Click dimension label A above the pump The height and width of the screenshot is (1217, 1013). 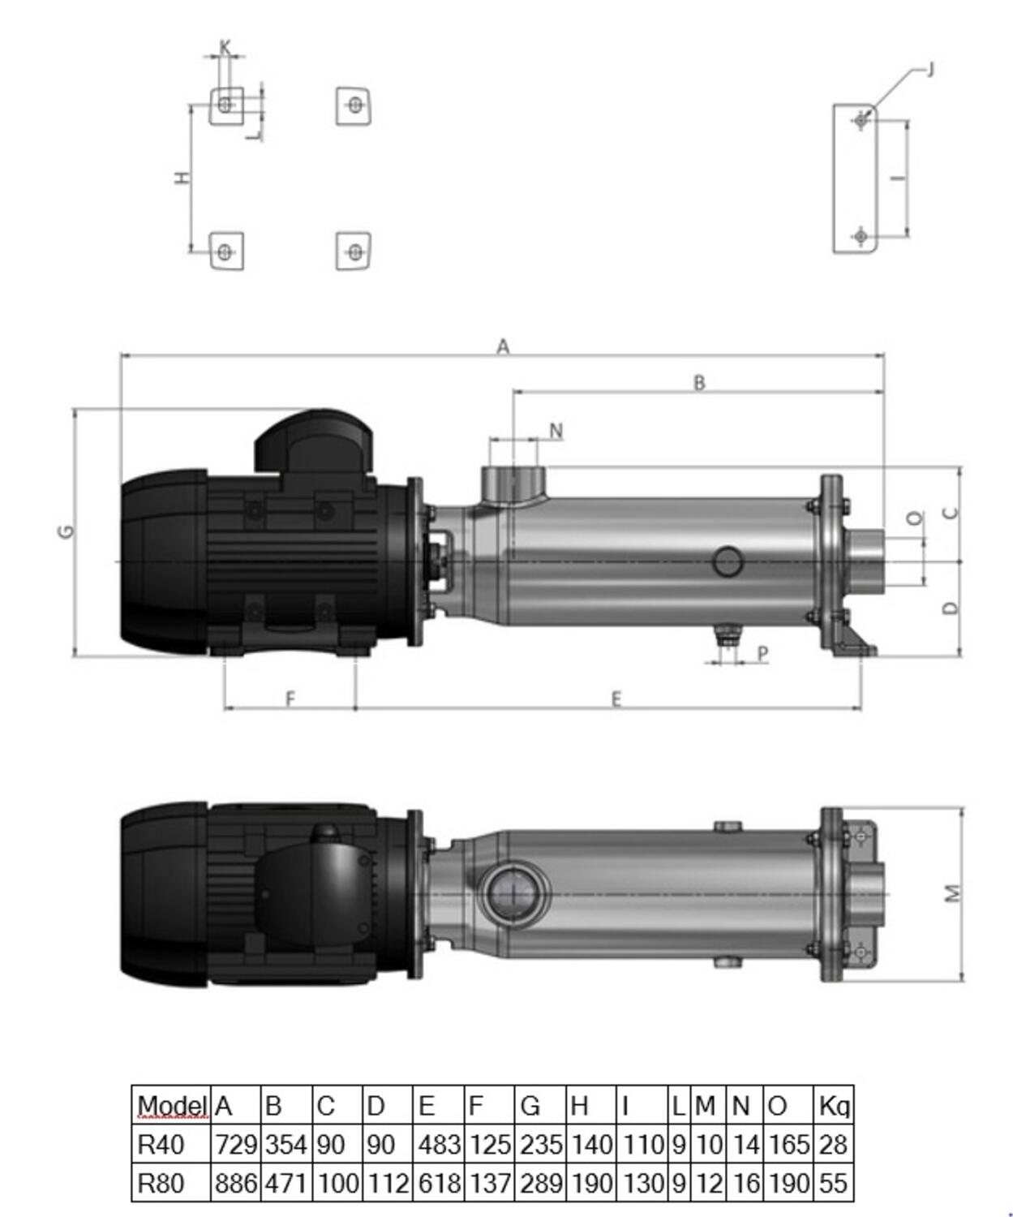pyautogui.click(x=503, y=347)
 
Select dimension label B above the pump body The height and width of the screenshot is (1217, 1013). pyautogui.click(x=699, y=383)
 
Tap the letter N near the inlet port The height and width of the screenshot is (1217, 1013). pyautogui.click(x=556, y=431)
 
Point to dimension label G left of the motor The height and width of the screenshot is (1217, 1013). pyautogui.click(x=67, y=531)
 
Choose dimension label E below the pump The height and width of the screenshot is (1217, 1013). pyautogui.click(x=616, y=699)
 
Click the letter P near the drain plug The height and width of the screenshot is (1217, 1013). pyautogui.click(x=762, y=654)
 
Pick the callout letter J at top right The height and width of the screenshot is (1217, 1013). pyautogui.click(x=930, y=69)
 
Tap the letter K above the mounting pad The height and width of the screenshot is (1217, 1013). pyautogui.click(x=225, y=46)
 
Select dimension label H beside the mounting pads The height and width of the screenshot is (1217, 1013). pyautogui.click(x=182, y=178)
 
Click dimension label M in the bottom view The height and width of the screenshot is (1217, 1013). pyautogui.click(x=952, y=893)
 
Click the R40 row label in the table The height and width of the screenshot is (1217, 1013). pyautogui.click(x=161, y=1145)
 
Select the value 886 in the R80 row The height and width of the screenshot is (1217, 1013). pyautogui.click(x=235, y=1183)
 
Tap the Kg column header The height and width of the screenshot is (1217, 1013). pyautogui.click(x=834, y=1107)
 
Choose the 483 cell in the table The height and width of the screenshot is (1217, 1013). pyautogui.click(x=439, y=1145)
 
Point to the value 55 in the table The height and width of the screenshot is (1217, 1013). pyautogui.click(x=833, y=1183)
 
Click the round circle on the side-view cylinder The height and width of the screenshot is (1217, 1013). pyautogui.click(x=728, y=562)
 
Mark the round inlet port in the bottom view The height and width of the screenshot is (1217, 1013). pyautogui.click(x=513, y=893)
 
